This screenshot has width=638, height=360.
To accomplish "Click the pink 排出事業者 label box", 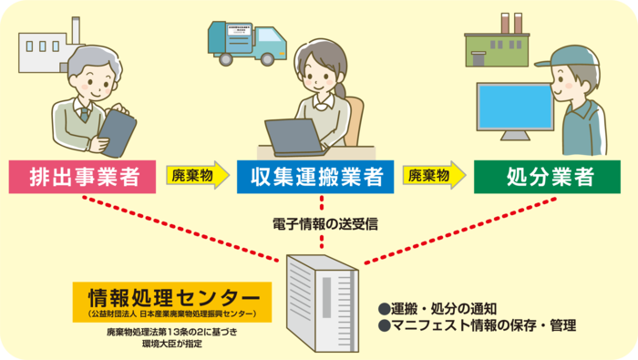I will [x=77, y=176].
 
